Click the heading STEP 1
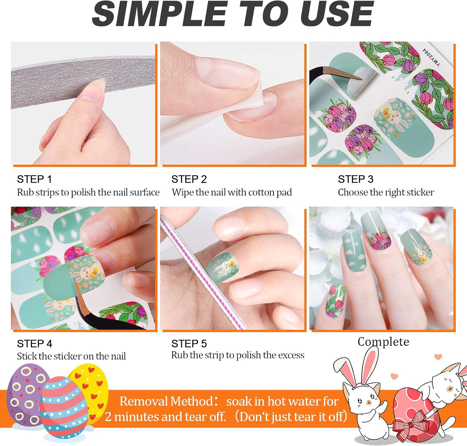click(x=34, y=179)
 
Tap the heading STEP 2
click(x=189, y=179)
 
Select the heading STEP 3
click(x=356, y=179)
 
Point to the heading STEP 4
click(x=35, y=344)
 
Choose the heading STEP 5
click(x=189, y=344)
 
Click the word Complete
click(x=383, y=342)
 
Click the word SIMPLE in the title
click(x=159, y=14)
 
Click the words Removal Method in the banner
click(x=167, y=401)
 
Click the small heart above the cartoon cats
click(x=438, y=357)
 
